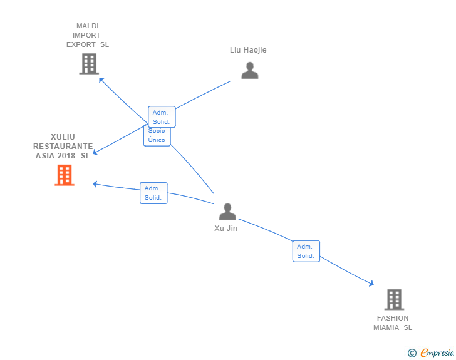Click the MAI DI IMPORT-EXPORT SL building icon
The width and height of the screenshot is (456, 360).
(x=89, y=64)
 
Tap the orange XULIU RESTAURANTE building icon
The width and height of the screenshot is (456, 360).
(x=64, y=175)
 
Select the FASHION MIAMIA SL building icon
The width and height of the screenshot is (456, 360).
(x=393, y=300)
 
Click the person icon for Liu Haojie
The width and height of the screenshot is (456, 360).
(x=250, y=70)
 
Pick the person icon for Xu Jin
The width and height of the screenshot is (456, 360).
(x=227, y=212)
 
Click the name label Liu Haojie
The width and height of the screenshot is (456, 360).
(x=248, y=50)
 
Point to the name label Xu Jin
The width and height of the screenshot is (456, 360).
(x=225, y=229)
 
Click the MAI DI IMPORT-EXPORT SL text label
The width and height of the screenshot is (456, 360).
(x=88, y=35)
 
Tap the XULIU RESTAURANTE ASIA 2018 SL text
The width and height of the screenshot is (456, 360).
(x=63, y=147)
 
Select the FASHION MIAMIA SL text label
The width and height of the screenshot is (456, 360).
(x=393, y=322)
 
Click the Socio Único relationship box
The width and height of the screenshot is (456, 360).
(x=157, y=136)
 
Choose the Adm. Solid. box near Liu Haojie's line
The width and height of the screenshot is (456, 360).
(x=162, y=117)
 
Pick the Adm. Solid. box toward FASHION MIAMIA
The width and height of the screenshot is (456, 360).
(x=306, y=251)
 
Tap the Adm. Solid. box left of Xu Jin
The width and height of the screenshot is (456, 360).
(x=153, y=193)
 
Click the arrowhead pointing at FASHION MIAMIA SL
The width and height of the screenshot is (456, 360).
(x=371, y=284)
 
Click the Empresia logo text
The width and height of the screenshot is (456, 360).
(x=437, y=353)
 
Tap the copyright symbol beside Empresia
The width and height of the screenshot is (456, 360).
(x=412, y=353)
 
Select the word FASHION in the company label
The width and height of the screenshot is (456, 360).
(x=393, y=318)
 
